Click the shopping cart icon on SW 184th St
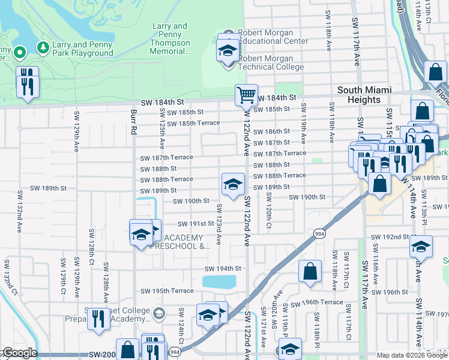(x=246, y=95)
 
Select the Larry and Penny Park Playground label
(x=83, y=49)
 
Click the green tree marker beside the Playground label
(x=43, y=47)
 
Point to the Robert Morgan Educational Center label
(x=273, y=37)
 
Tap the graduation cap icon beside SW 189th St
(x=233, y=184)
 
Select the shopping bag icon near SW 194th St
(x=310, y=271)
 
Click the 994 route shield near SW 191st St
(x=318, y=233)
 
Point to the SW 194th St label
(x=223, y=269)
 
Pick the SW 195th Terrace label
(x=167, y=291)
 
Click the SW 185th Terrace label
(x=193, y=124)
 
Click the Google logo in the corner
(x=19, y=353)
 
